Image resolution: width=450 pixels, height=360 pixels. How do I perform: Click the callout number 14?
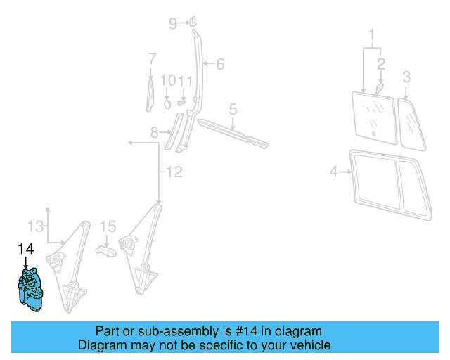click(26, 248)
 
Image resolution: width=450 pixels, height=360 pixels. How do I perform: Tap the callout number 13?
click(35, 226)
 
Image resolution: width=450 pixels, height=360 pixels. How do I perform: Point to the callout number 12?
click(173, 171)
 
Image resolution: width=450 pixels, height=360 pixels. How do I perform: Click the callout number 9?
click(173, 24)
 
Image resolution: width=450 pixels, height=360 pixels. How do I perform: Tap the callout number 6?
click(220, 65)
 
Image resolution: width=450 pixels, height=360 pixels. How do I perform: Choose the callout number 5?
click(233, 109)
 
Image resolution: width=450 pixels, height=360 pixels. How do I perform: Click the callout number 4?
click(335, 170)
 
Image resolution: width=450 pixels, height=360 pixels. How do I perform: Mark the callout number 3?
click(406, 76)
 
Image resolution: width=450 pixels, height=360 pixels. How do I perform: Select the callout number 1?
click(372, 33)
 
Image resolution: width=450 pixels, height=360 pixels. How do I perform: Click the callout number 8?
click(155, 131)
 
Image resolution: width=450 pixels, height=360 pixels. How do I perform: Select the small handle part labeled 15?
click(106, 250)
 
